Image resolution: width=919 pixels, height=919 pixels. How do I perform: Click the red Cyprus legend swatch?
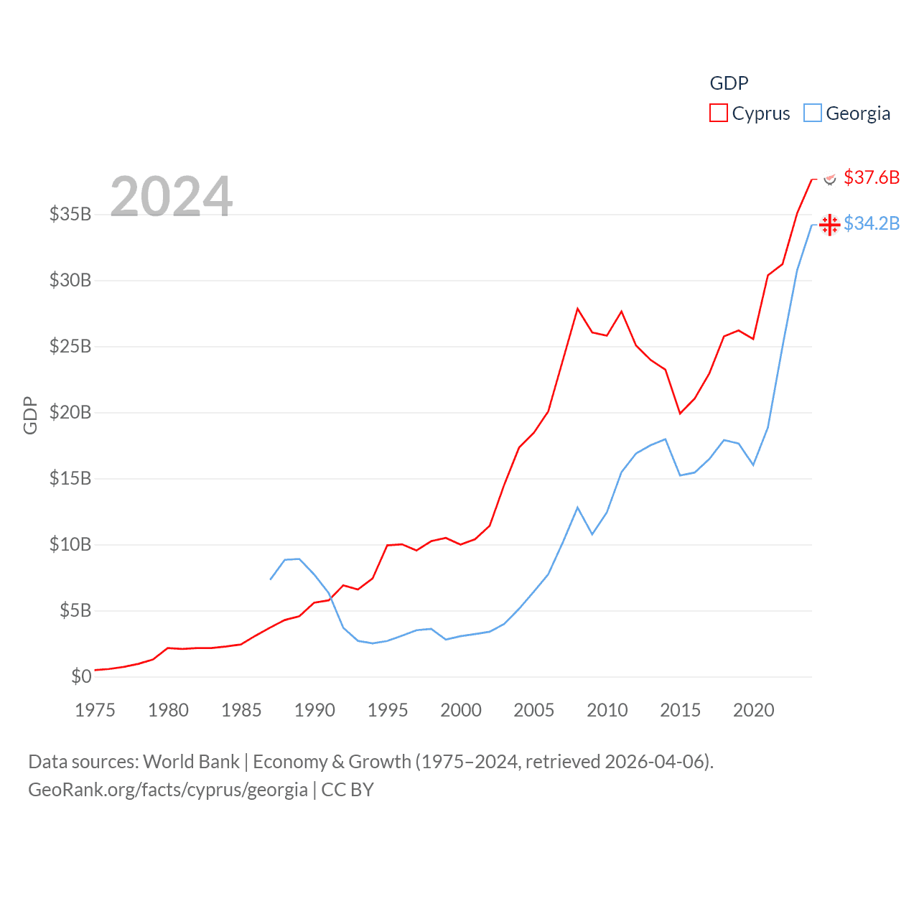click(x=718, y=113)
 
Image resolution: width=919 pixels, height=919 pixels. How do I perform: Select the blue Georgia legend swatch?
click(x=812, y=113)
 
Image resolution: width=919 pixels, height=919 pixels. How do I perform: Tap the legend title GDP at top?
click(x=729, y=83)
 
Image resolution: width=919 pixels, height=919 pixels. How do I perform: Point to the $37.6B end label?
click(x=872, y=177)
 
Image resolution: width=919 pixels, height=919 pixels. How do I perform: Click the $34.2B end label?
click(x=872, y=224)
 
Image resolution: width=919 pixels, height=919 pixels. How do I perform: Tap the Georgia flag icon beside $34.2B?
click(x=830, y=225)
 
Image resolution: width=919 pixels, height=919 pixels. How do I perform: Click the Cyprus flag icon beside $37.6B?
click(x=830, y=178)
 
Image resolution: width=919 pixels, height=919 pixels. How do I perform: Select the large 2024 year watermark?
click(x=172, y=196)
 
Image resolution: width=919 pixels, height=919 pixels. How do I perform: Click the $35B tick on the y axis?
click(x=70, y=214)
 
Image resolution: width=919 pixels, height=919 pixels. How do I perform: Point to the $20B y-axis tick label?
click(x=70, y=412)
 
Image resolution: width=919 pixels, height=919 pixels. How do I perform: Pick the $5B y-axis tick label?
click(x=75, y=610)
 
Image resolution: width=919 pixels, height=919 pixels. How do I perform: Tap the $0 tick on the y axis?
click(x=81, y=676)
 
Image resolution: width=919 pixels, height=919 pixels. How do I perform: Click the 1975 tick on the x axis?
click(x=95, y=710)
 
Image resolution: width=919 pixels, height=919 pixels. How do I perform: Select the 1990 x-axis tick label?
click(x=314, y=710)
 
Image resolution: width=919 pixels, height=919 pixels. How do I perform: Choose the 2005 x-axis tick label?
click(x=534, y=710)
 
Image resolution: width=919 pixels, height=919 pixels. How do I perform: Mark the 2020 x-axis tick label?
click(x=754, y=710)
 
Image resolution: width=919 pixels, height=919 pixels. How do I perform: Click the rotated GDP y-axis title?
click(x=30, y=415)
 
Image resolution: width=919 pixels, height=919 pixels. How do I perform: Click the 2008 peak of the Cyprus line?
click(x=577, y=309)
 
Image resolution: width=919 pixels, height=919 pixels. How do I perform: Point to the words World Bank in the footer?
click(x=191, y=762)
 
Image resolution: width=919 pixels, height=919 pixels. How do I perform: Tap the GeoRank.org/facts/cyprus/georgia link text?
click(x=168, y=790)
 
